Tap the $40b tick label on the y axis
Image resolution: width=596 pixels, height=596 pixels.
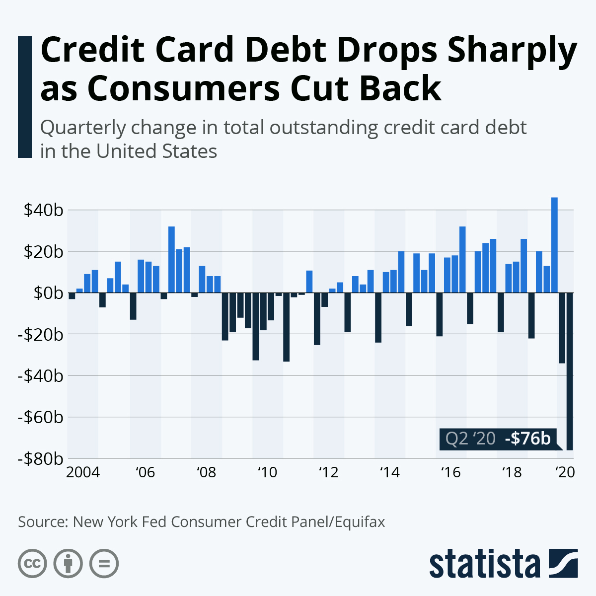click(x=43, y=210)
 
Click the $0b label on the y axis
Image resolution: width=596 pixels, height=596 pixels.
click(x=48, y=293)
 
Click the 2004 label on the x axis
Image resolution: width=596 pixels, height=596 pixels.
click(x=83, y=472)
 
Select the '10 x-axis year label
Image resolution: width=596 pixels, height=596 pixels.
click(x=267, y=472)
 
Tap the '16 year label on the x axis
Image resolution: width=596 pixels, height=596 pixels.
click(x=451, y=472)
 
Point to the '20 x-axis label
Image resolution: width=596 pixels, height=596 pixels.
click(x=565, y=472)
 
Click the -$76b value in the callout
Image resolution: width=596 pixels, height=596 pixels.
click(x=527, y=439)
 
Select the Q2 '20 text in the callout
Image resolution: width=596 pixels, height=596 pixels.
click(x=470, y=439)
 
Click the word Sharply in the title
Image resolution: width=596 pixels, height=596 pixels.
click(x=512, y=51)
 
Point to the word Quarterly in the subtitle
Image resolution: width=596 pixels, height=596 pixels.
click(x=83, y=128)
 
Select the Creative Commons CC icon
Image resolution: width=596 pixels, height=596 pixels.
click(x=32, y=564)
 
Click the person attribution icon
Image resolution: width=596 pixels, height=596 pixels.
click(x=68, y=564)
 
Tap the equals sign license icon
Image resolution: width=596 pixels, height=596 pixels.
click(x=104, y=564)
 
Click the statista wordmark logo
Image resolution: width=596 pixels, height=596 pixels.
click(x=485, y=564)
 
